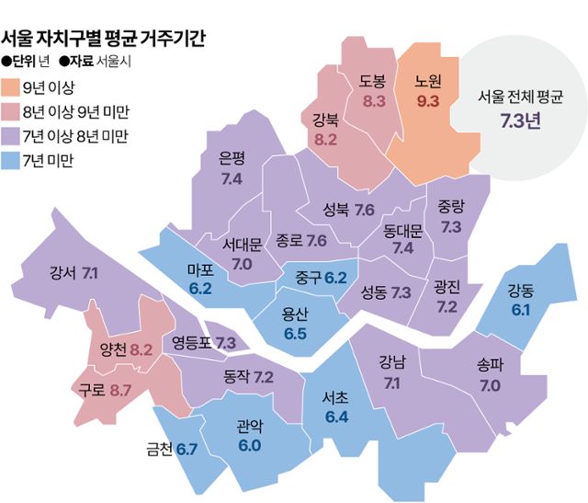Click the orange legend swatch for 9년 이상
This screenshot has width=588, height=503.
click(14, 89)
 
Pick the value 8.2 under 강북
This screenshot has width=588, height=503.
click(326, 141)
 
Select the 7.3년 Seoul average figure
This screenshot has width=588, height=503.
click(520, 120)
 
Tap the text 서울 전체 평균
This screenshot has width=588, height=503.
click(521, 96)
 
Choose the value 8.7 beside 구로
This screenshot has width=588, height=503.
click(120, 390)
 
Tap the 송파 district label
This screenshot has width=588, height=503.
click(489, 364)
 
